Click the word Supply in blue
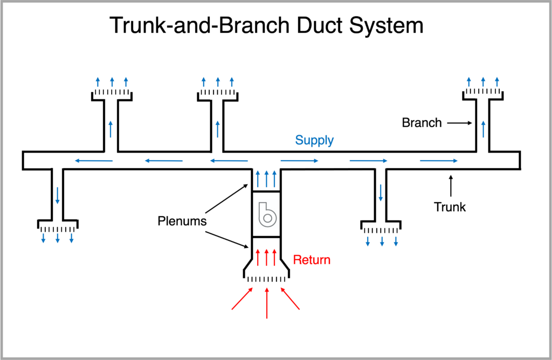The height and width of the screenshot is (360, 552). (314, 140)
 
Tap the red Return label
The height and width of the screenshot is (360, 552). (312, 260)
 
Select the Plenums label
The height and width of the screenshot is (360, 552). (182, 221)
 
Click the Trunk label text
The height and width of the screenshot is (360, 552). (450, 207)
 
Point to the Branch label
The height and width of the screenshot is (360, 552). (422, 123)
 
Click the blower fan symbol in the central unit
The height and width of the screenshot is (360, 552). (267, 214)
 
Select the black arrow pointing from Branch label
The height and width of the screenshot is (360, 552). (459, 123)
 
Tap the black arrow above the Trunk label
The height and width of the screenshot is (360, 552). (451, 185)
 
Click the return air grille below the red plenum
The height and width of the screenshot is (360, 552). (266, 279)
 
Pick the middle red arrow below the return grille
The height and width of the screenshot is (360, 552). (267, 303)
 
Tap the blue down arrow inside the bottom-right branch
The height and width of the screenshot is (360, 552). (381, 192)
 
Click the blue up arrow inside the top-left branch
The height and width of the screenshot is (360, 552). (111, 129)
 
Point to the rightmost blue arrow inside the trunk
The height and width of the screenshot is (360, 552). (439, 161)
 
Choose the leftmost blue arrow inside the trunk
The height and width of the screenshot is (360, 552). (94, 161)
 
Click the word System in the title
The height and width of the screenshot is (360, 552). (386, 26)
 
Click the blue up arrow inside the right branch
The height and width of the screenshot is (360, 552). (483, 129)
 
